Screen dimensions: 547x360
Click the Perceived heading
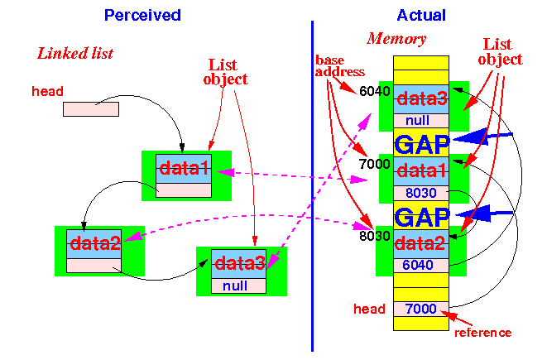coord(142,16)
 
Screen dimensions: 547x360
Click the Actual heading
coord(421,16)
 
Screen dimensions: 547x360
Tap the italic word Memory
coord(396,39)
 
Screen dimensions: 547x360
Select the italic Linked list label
coord(75,53)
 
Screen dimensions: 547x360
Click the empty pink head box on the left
coord(91,109)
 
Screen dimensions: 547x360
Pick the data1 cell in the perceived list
coord(184,169)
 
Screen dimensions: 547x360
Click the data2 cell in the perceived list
coord(94,244)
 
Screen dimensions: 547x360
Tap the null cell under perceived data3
coord(238,286)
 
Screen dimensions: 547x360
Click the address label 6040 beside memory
coord(375,91)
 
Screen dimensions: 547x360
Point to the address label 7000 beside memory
coord(375,164)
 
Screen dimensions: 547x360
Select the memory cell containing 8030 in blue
coord(421,193)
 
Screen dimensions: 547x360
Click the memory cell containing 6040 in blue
coord(421,266)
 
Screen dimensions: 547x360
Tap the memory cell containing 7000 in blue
coord(421,309)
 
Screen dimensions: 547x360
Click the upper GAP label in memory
coord(422,145)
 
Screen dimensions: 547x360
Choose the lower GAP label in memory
coord(422,217)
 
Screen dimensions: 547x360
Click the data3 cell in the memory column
coord(421,99)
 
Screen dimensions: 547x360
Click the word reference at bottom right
coord(483,333)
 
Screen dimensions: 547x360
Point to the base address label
coord(340,66)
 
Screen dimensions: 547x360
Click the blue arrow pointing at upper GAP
coord(482,137)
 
